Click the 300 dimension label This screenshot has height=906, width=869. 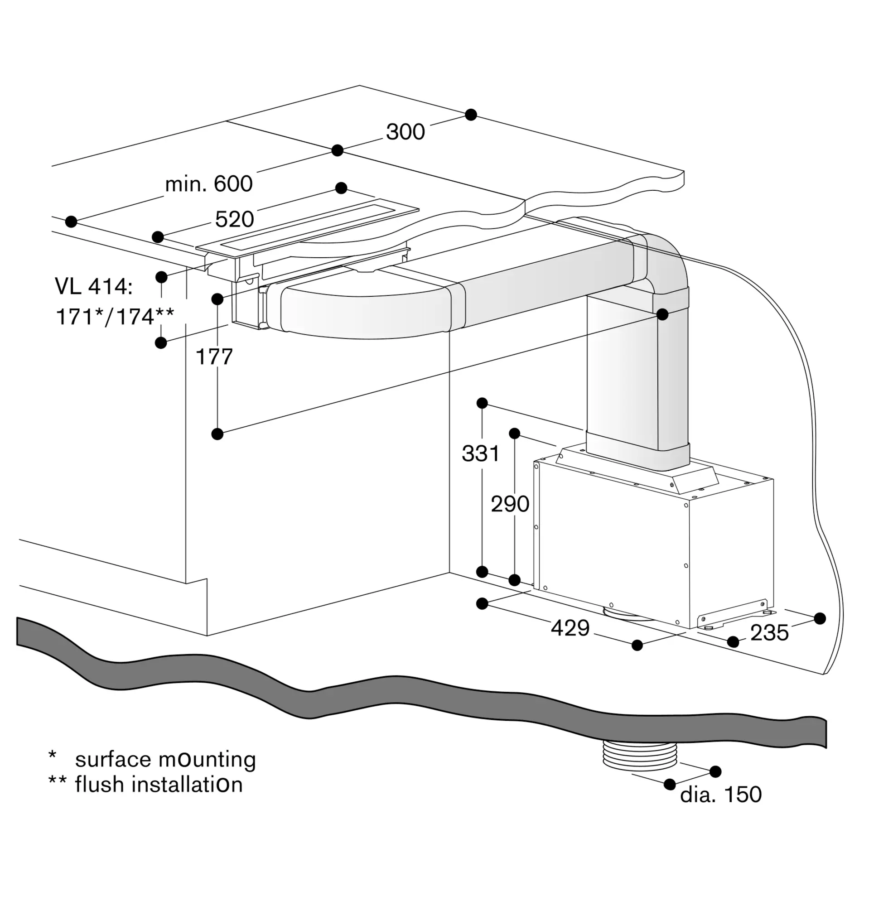[x=405, y=132]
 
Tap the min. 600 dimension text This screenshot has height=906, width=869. [x=208, y=184]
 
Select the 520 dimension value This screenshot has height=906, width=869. [x=234, y=219]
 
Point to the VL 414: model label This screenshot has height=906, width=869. [x=94, y=287]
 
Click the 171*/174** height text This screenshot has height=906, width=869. [x=115, y=317]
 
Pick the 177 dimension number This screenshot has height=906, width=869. [x=214, y=357]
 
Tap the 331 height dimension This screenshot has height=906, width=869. [x=481, y=453]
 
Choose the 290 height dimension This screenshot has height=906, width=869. [x=510, y=504]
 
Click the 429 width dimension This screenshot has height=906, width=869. [x=570, y=628]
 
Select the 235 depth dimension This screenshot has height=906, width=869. [x=769, y=633]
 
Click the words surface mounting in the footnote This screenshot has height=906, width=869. [x=165, y=760]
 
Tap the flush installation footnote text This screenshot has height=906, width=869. [x=159, y=785]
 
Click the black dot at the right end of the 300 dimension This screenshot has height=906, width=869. [x=471, y=115]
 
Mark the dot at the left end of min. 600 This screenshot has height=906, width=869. [x=71, y=222]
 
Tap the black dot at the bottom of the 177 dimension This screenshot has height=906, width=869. [x=217, y=434]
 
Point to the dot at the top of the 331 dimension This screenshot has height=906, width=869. [x=482, y=403]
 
